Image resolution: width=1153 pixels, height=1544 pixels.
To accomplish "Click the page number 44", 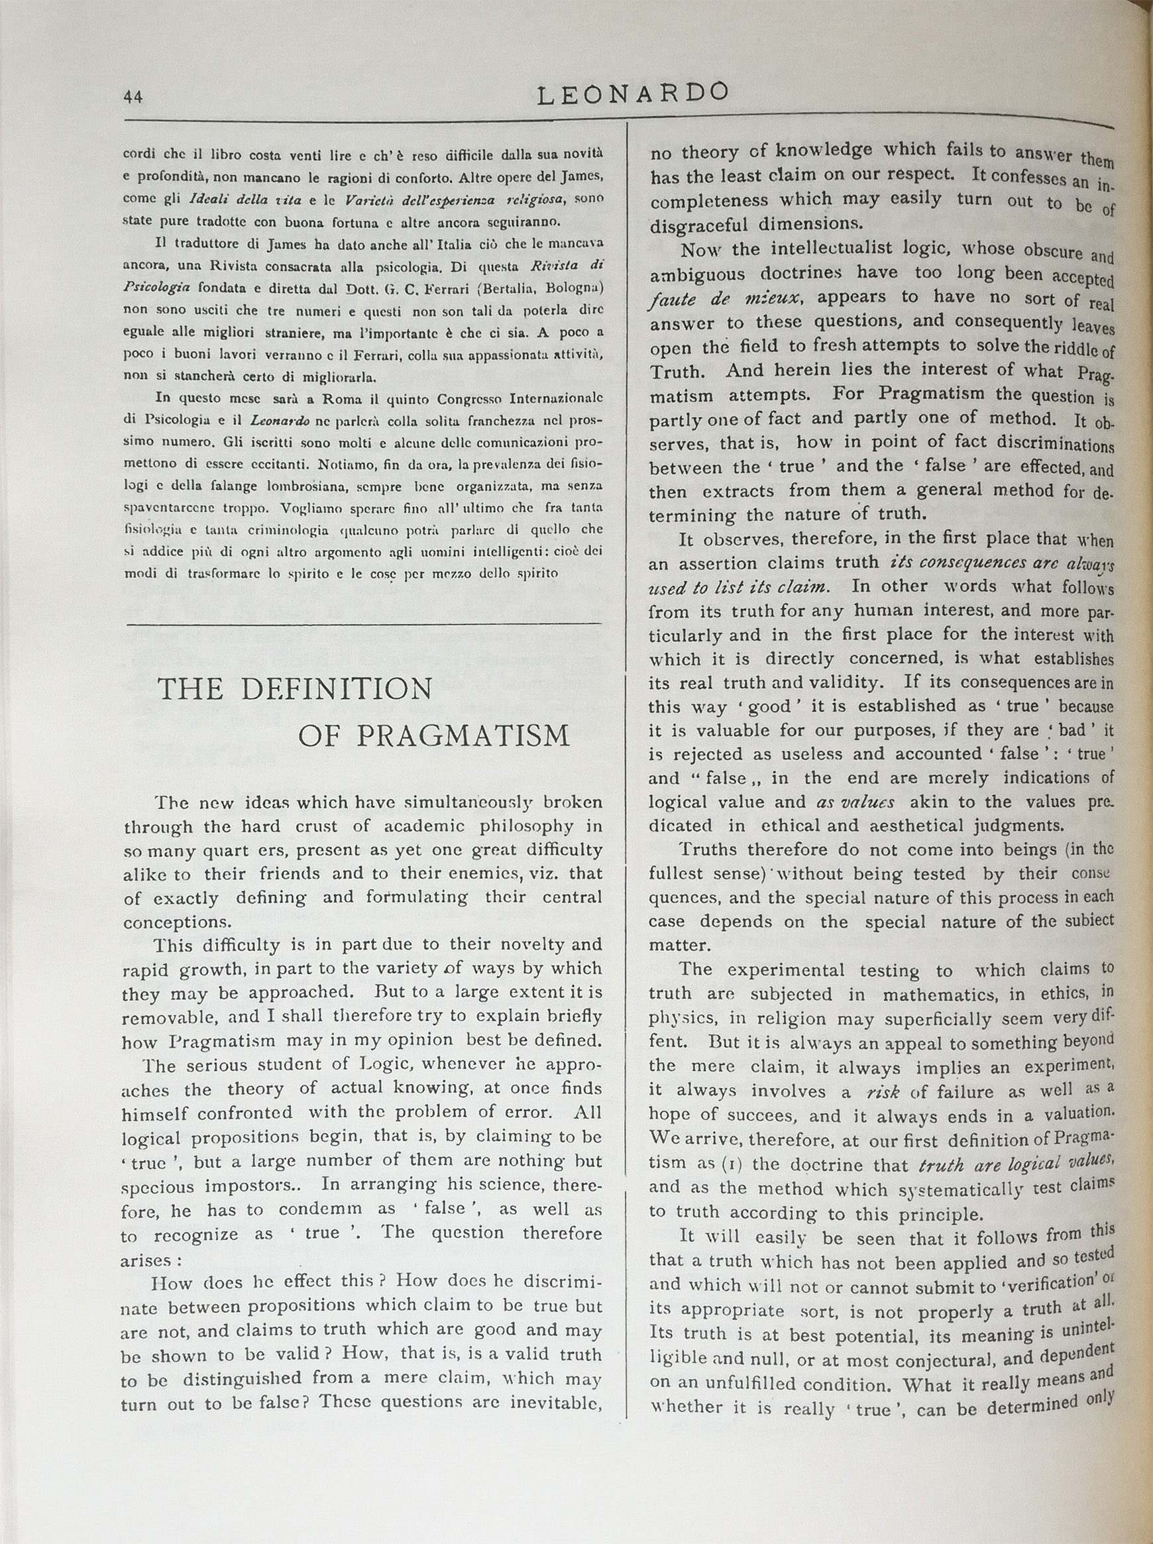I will [133, 96].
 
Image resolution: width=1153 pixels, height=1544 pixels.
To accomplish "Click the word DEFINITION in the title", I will [337, 689].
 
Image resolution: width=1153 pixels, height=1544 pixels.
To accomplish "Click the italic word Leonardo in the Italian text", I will [279, 421].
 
